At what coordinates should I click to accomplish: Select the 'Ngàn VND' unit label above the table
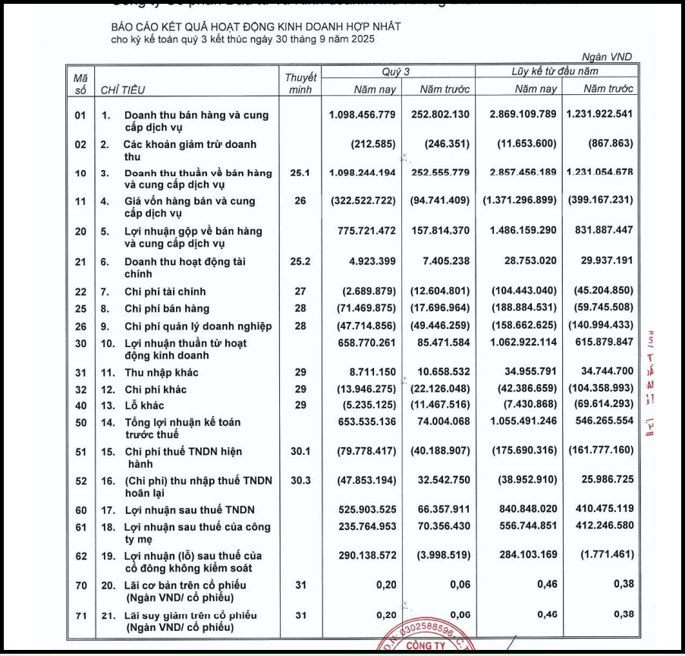coord(607,57)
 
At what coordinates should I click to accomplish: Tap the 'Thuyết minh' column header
coord(301,83)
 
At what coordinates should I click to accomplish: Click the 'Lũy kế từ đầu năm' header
coord(555,71)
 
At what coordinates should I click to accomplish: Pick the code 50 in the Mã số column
coord(80,421)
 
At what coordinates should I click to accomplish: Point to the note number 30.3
coord(301,481)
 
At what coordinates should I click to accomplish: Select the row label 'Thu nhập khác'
coord(161,373)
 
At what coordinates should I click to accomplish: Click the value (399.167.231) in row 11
coord(601,201)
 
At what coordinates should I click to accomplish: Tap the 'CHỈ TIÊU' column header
coord(123,90)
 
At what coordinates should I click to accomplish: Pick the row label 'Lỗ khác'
coord(145,405)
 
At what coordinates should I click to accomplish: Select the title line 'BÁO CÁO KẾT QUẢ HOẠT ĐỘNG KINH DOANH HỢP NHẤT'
coord(256,27)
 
